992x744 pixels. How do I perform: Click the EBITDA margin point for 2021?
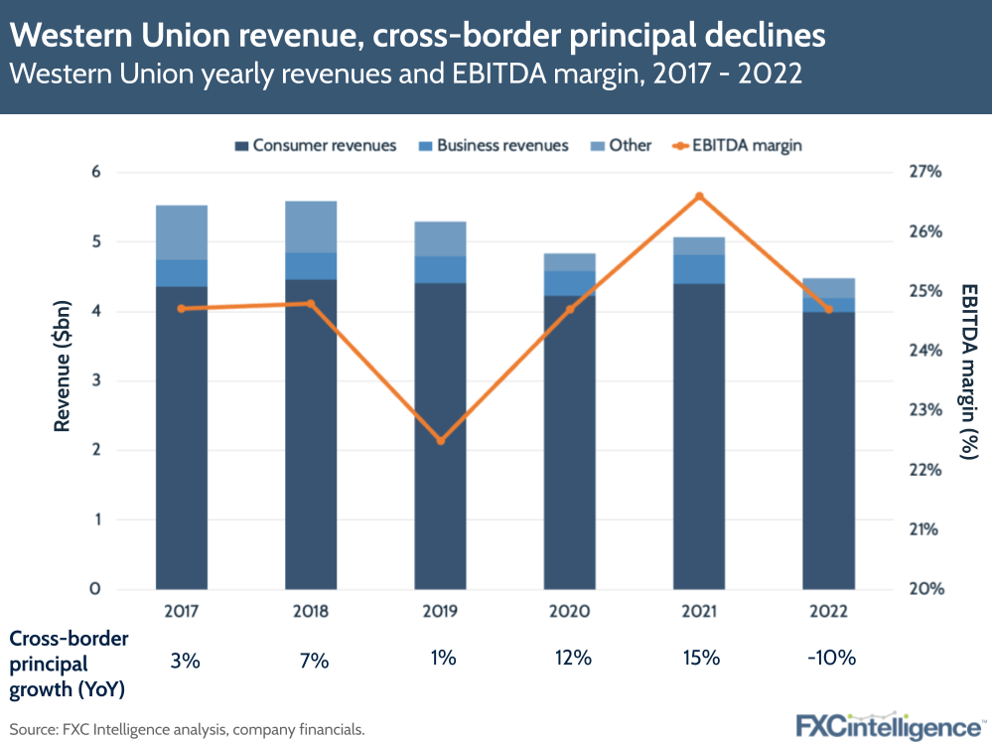pos(700,196)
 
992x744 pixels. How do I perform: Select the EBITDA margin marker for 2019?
pos(441,440)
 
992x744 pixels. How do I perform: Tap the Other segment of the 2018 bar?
pos(311,226)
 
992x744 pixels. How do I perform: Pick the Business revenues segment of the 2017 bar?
pos(182,273)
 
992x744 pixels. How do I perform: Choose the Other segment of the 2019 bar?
pos(441,238)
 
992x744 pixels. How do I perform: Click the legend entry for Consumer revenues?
pos(315,145)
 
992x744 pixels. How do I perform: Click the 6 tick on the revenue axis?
pos(96,173)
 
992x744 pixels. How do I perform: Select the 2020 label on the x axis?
pos(570,611)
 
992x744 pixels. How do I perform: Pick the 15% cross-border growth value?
pos(700,659)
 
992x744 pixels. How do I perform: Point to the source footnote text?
pos(188,729)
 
